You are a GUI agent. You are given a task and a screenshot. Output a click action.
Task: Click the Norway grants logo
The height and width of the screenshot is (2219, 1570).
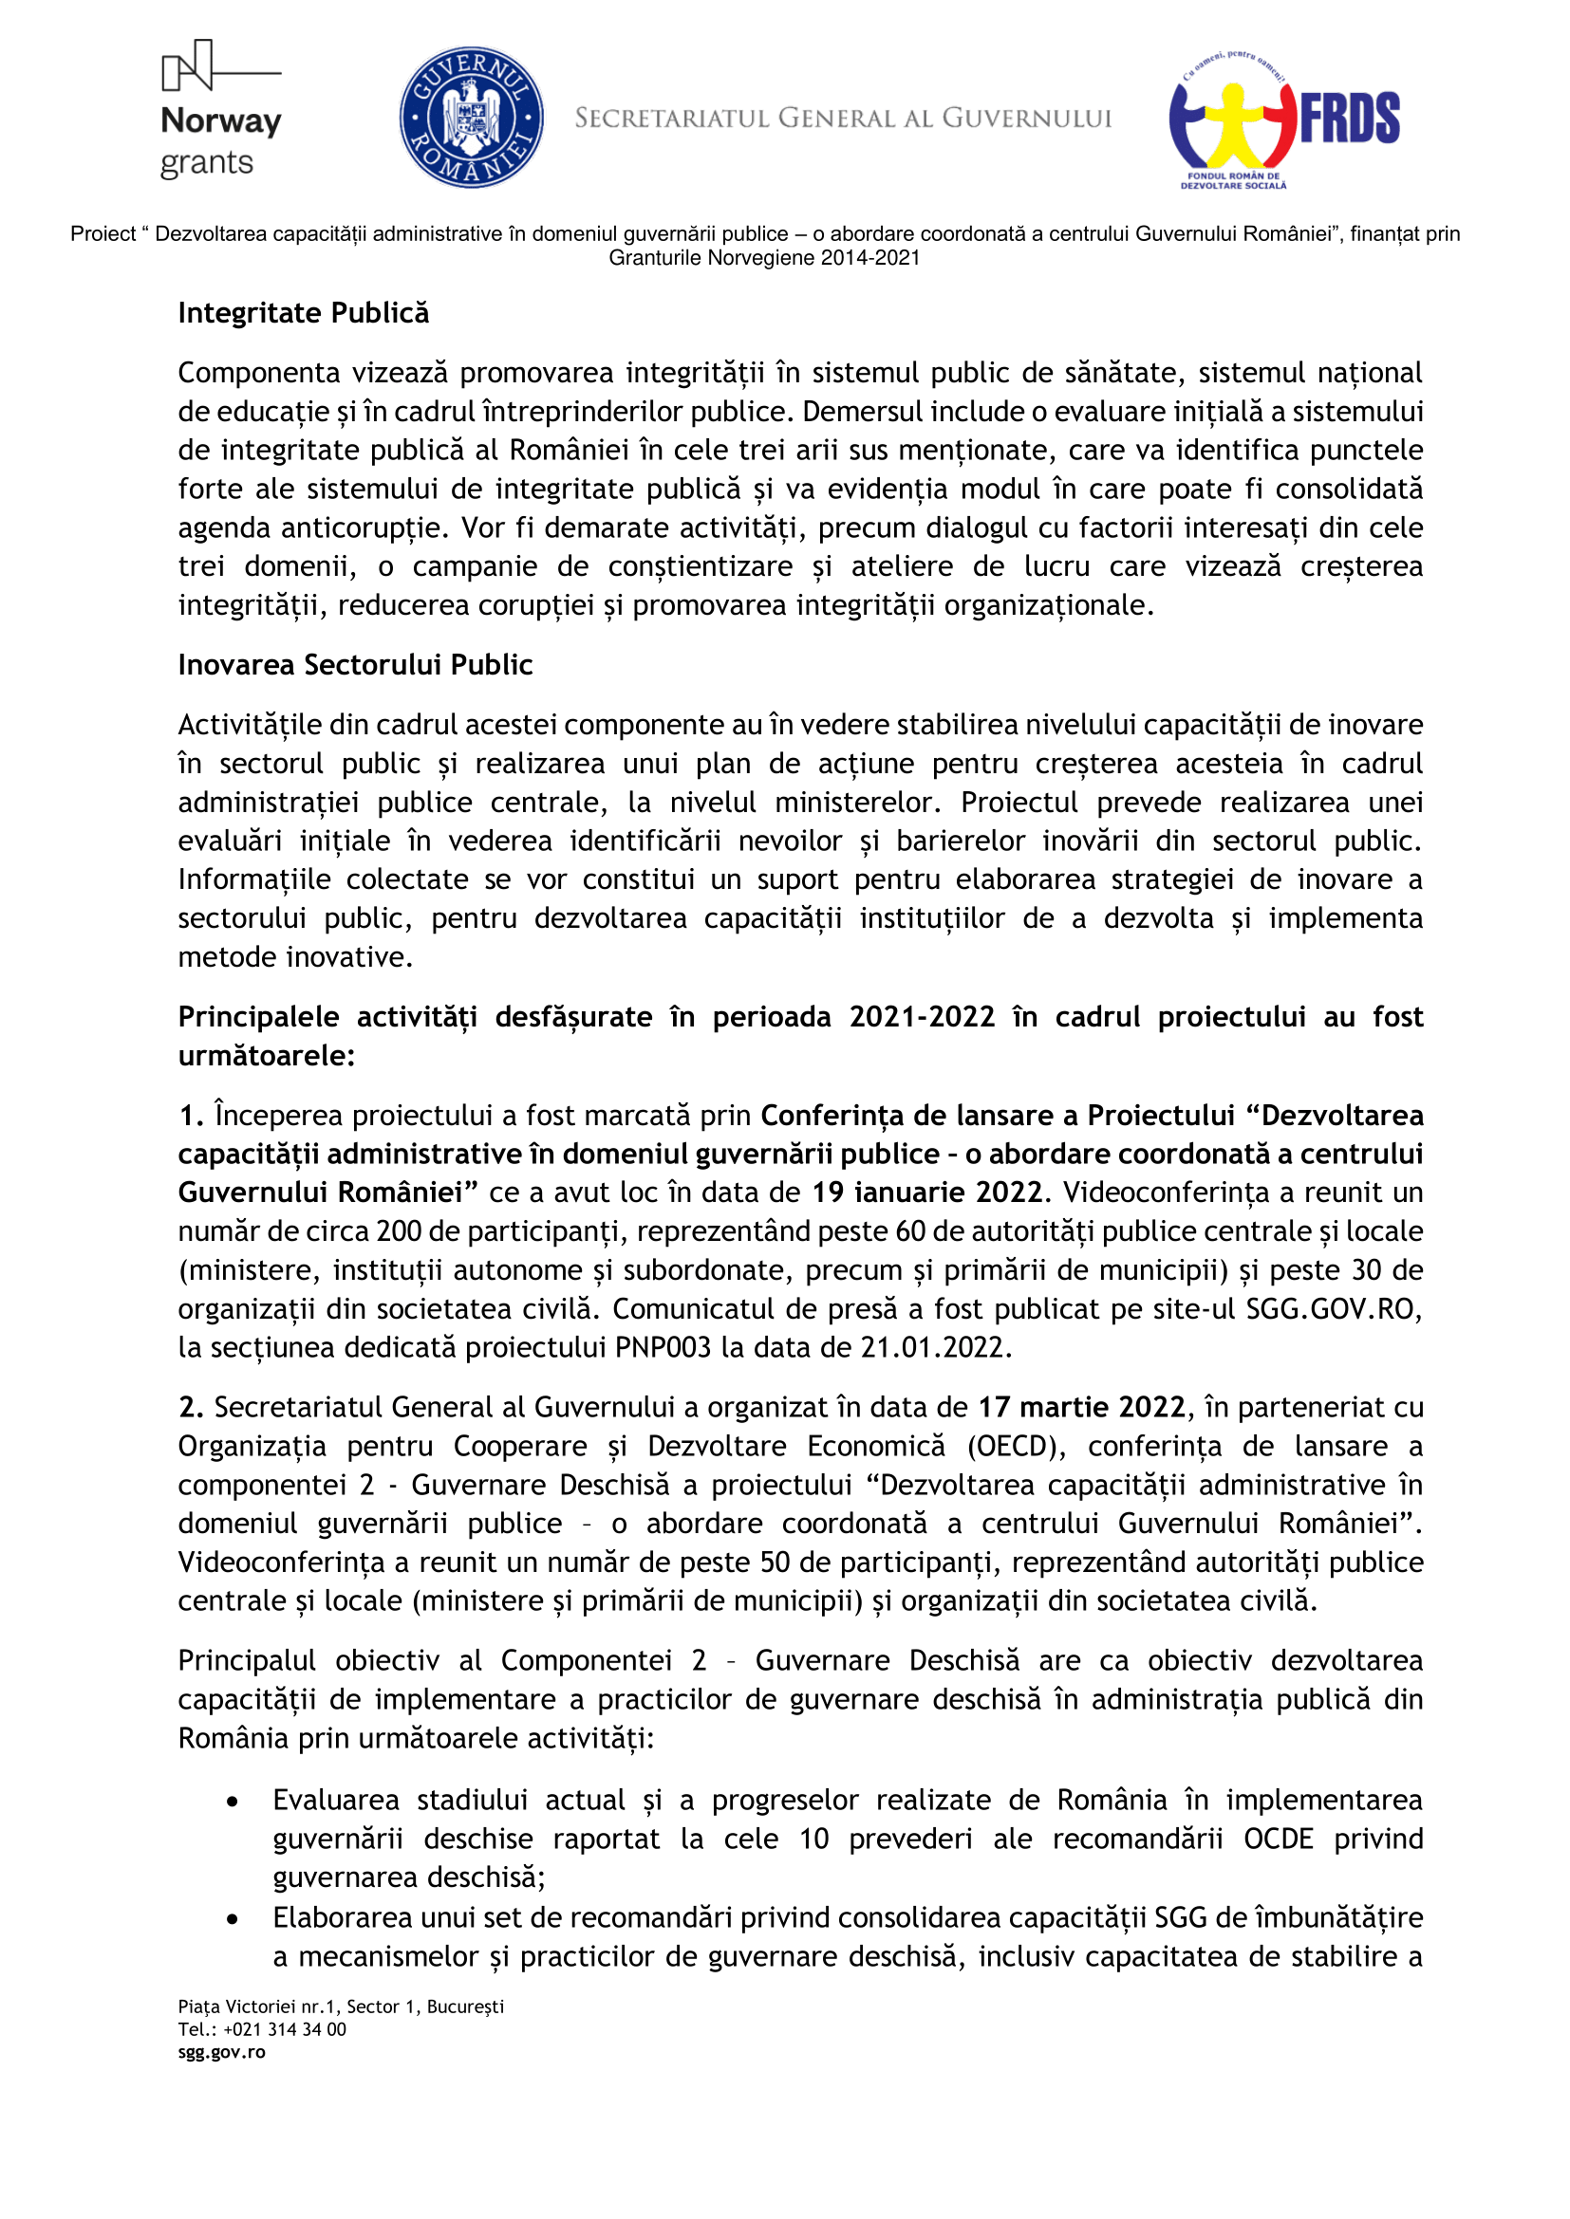click(x=220, y=112)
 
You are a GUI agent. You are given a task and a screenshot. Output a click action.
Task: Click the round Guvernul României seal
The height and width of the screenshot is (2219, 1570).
click(x=471, y=117)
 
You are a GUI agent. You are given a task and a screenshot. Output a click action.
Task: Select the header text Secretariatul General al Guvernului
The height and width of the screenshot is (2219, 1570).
click(x=843, y=119)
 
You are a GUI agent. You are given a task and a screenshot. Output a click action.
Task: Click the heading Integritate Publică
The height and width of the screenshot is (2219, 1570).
click(x=304, y=313)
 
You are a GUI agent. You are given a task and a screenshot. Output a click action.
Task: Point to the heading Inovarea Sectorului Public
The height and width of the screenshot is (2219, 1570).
click(x=355, y=665)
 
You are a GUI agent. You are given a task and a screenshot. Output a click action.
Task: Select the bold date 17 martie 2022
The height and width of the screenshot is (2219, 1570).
click(x=1082, y=1407)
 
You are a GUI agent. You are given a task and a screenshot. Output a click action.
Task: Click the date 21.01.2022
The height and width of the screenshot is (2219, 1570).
click(x=935, y=1347)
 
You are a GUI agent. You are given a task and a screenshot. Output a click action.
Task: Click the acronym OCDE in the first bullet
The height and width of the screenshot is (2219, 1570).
click(x=1278, y=1839)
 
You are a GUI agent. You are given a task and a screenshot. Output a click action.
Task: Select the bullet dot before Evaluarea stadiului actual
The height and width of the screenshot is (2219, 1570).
click(x=232, y=1802)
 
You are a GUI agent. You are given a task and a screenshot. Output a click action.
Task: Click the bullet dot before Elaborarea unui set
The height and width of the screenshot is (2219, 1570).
click(x=232, y=1918)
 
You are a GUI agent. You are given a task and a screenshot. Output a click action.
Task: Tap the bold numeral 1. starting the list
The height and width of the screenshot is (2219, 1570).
click(x=191, y=1116)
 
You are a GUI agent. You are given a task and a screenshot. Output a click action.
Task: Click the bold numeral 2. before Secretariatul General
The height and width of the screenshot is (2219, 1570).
click(x=191, y=1407)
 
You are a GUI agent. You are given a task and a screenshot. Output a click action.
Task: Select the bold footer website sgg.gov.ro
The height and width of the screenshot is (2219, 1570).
click(x=221, y=2053)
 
